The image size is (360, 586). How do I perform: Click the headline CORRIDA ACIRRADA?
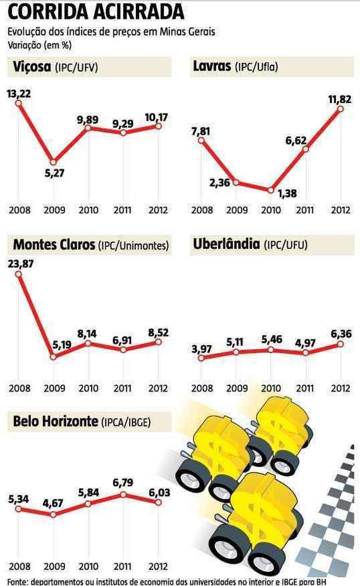(95, 12)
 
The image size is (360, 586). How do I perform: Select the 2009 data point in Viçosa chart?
(53, 162)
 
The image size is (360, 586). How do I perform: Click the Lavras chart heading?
(235, 67)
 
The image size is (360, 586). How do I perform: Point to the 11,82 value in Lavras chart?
(340, 100)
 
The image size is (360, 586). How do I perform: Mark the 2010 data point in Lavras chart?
(271, 190)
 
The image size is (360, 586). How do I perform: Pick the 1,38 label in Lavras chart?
(287, 193)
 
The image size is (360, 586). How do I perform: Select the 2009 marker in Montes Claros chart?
(53, 356)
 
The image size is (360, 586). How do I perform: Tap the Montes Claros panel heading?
(91, 245)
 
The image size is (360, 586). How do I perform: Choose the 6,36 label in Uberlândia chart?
(341, 334)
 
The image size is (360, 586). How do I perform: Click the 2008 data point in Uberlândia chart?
(201, 357)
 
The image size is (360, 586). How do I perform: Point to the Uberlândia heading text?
(250, 245)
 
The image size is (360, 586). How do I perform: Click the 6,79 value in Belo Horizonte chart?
(123, 483)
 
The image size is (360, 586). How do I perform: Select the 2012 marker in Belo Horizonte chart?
(158, 502)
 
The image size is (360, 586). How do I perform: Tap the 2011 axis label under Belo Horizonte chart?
(123, 567)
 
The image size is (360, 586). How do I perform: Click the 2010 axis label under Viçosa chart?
(88, 210)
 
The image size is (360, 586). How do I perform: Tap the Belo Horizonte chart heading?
(82, 422)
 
